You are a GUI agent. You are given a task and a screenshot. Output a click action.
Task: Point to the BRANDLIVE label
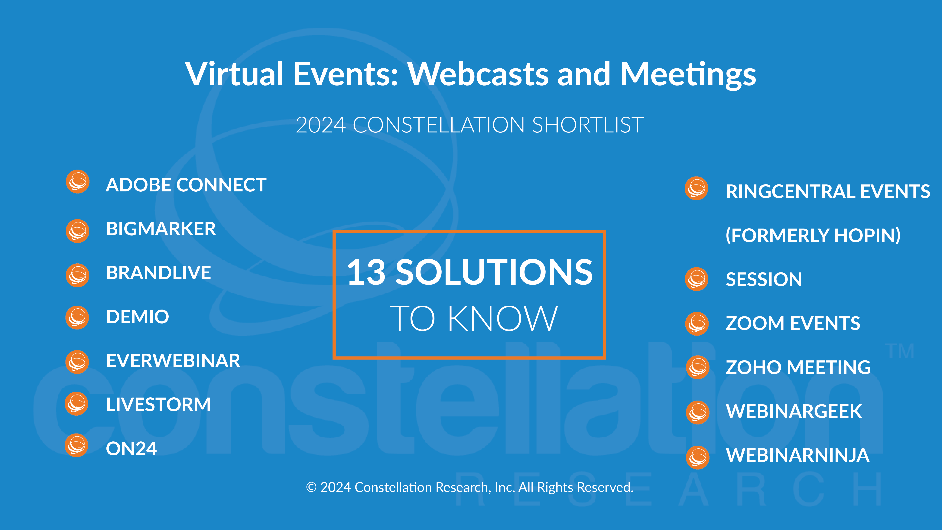tap(158, 272)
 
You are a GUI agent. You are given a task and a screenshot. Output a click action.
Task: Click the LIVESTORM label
tap(158, 405)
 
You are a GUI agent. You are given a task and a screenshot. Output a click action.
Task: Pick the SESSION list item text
tap(764, 279)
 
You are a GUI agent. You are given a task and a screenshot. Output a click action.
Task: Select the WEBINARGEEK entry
tap(794, 411)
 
